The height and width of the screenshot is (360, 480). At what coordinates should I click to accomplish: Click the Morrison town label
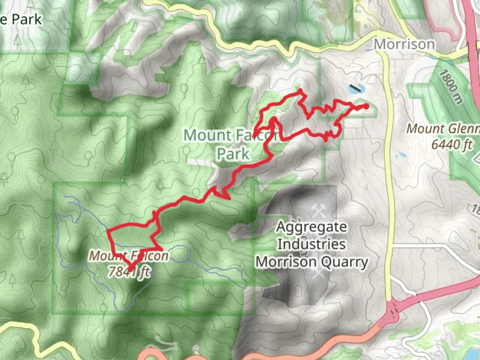click(x=404, y=44)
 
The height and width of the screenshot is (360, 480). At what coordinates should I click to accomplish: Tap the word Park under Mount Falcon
click(x=233, y=154)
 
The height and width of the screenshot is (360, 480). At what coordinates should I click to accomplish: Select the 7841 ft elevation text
click(x=129, y=272)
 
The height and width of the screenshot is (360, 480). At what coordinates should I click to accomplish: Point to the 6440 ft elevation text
click(x=452, y=144)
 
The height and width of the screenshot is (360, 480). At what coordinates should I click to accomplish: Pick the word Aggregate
click(x=312, y=227)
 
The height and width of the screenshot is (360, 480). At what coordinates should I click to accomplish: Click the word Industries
click(x=311, y=244)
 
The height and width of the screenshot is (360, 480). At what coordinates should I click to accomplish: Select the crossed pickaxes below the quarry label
click(x=318, y=273)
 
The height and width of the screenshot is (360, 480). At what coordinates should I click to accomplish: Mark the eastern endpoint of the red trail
click(x=366, y=106)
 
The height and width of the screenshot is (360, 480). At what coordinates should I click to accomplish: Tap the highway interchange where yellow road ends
click(x=393, y=312)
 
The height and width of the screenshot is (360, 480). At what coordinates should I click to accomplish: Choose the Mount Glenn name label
click(x=442, y=129)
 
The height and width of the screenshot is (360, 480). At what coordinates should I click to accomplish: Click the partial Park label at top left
click(x=22, y=19)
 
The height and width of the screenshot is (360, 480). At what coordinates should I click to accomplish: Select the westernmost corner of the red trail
click(x=108, y=231)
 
